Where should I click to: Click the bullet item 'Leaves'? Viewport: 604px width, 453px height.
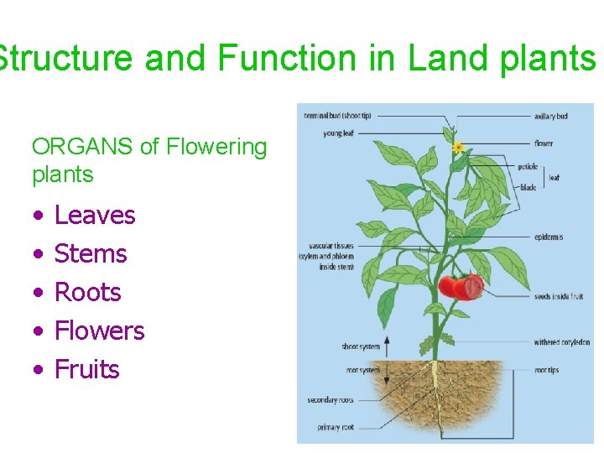pos(94,216)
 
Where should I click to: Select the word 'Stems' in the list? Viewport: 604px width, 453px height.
pos(90,254)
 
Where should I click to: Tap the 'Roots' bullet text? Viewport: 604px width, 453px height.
pos(87,293)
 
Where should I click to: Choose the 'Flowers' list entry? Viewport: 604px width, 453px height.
pos(99,331)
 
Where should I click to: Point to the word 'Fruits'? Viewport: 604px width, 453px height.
pos(86,370)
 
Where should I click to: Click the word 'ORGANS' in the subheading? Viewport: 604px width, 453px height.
pos(83,148)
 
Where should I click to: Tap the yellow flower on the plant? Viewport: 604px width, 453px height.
pos(458,148)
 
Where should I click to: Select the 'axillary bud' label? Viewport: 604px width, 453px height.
pos(550,116)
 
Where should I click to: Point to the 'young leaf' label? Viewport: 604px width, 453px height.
pos(338,133)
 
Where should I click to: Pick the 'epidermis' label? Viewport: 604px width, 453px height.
pos(549,237)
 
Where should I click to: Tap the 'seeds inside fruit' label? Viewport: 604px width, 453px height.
pos(558,297)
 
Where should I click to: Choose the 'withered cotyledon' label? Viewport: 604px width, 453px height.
pos(561,342)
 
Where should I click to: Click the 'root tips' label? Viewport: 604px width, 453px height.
pos(546,370)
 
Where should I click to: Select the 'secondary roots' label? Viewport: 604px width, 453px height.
pos(334,400)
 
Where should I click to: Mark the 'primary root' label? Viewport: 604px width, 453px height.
pos(336,427)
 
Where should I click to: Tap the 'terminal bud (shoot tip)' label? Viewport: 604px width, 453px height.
pos(337,116)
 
